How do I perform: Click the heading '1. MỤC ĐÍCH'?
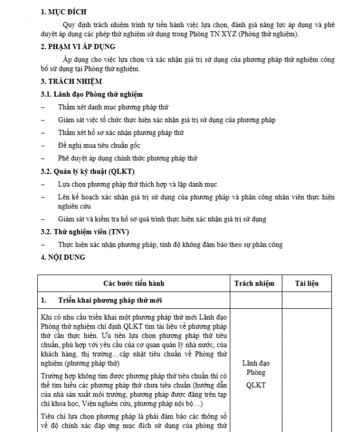(64, 11)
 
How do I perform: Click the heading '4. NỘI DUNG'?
(63, 258)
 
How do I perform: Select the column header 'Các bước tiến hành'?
(134, 283)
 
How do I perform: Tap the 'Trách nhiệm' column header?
(254, 283)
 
